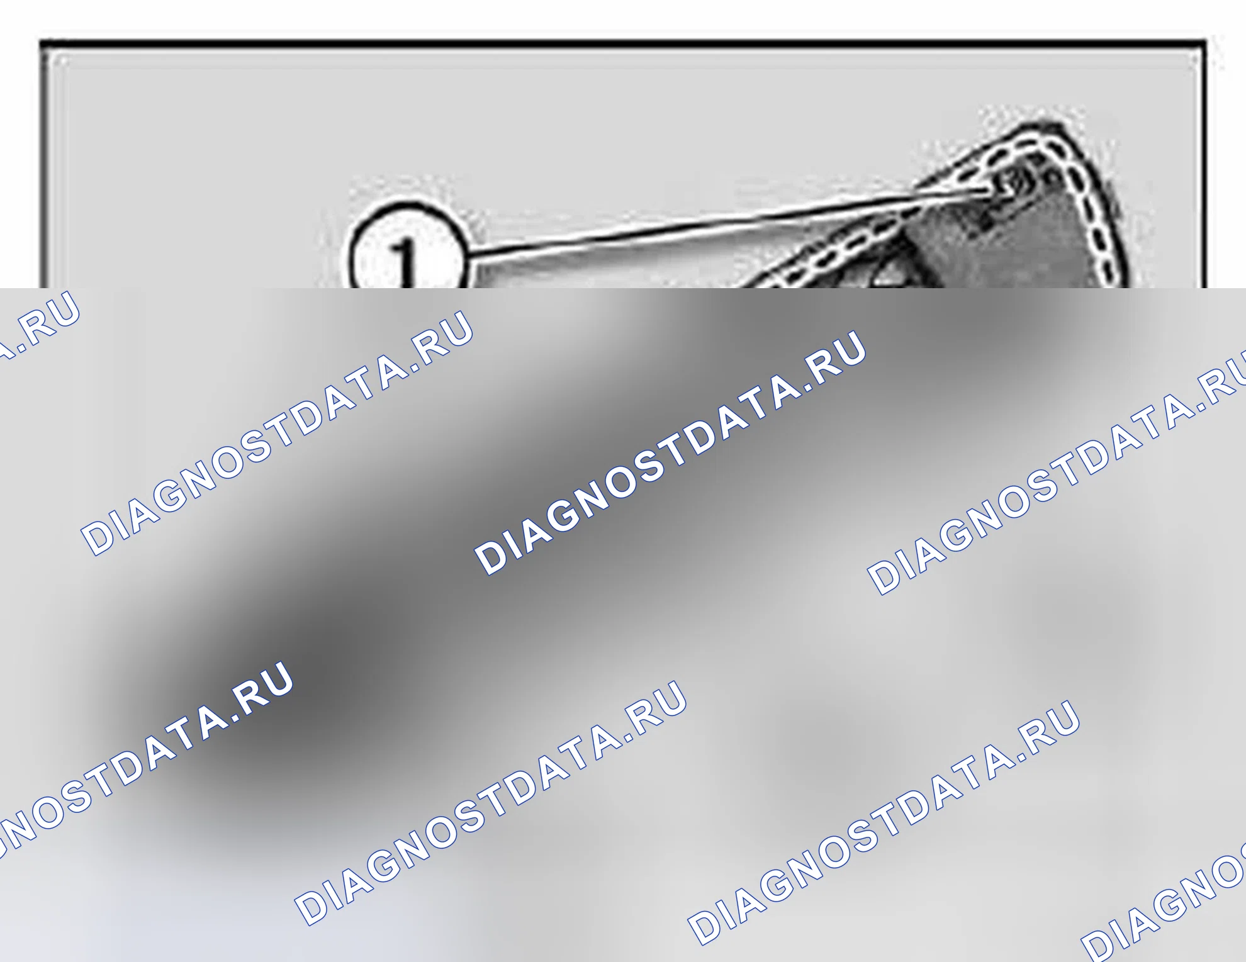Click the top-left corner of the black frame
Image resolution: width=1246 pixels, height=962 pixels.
[42, 43]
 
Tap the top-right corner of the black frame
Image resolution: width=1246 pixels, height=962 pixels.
[1204, 43]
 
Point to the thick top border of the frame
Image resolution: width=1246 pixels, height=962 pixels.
[623, 44]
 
